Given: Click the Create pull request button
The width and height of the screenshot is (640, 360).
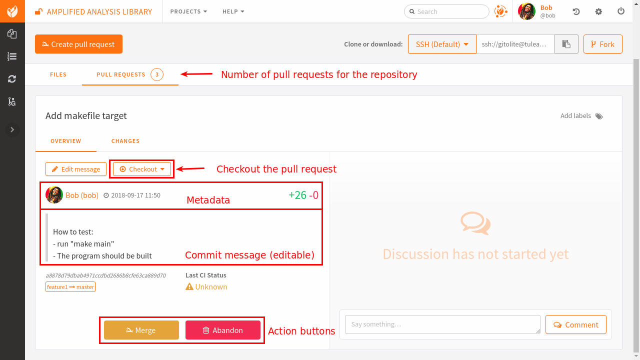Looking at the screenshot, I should pyautogui.click(x=78, y=44).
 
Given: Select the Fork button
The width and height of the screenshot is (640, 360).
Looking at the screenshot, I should pyautogui.click(x=602, y=44).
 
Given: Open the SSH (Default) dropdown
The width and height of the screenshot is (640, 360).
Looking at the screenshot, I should pyautogui.click(x=442, y=44).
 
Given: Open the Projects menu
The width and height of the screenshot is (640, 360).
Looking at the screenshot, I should pyautogui.click(x=188, y=11).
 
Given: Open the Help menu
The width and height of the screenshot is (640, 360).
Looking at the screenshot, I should pyautogui.click(x=233, y=11).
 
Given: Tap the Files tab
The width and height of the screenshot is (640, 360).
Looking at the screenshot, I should pyautogui.click(x=58, y=74).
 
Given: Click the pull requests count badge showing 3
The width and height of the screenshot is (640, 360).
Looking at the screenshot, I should pyautogui.click(x=157, y=74).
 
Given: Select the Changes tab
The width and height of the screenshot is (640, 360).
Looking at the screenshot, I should pyautogui.click(x=125, y=141).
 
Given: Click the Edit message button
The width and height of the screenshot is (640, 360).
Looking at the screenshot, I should pyautogui.click(x=76, y=169).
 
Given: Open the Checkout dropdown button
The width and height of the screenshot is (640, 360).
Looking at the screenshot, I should pyautogui.click(x=142, y=169).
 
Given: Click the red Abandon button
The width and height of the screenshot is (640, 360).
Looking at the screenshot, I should pyautogui.click(x=222, y=330).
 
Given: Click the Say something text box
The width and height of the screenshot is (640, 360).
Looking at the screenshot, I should pyautogui.click(x=442, y=324).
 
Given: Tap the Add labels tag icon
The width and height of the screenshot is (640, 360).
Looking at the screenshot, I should pyautogui.click(x=599, y=116).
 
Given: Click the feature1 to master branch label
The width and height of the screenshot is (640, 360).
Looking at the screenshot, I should pyautogui.click(x=70, y=287).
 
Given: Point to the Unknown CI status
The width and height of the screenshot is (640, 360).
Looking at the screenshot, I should pyautogui.click(x=206, y=287).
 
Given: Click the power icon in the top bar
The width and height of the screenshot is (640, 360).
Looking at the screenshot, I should pyautogui.click(x=621, y=11).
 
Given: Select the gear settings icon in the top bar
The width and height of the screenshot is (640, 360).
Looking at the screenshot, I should pyautogui.click(x=598, y=11).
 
